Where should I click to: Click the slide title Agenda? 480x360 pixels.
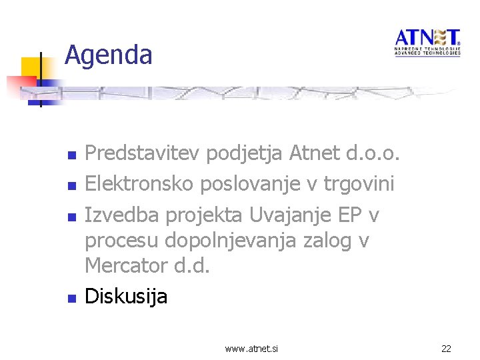[109, 55]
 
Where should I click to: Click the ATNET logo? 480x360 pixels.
[427, 42]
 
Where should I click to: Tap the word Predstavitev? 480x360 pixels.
[143, 155]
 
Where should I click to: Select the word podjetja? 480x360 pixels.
[245, 155]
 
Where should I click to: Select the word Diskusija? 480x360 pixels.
[126, 295]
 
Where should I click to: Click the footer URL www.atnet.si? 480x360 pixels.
[252, 348]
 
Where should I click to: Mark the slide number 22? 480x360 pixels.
[446, 348]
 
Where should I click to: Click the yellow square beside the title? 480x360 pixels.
[31, 68]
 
